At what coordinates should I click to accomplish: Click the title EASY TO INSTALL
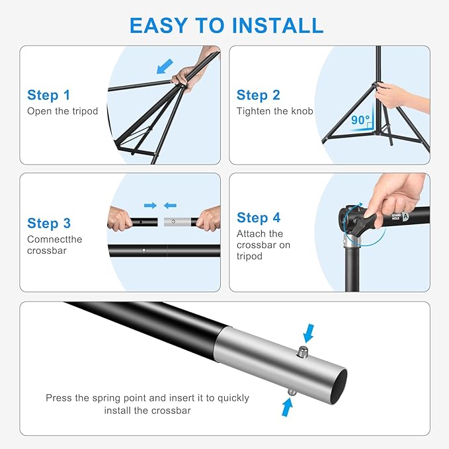226,24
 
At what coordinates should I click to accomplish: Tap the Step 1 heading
48,95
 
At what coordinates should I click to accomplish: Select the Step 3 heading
49,224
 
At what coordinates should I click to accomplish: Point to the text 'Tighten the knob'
274,111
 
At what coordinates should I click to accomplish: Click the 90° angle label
360,120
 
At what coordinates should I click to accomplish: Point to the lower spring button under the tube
291,392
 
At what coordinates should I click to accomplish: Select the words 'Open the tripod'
62,111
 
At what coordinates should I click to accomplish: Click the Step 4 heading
259,218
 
